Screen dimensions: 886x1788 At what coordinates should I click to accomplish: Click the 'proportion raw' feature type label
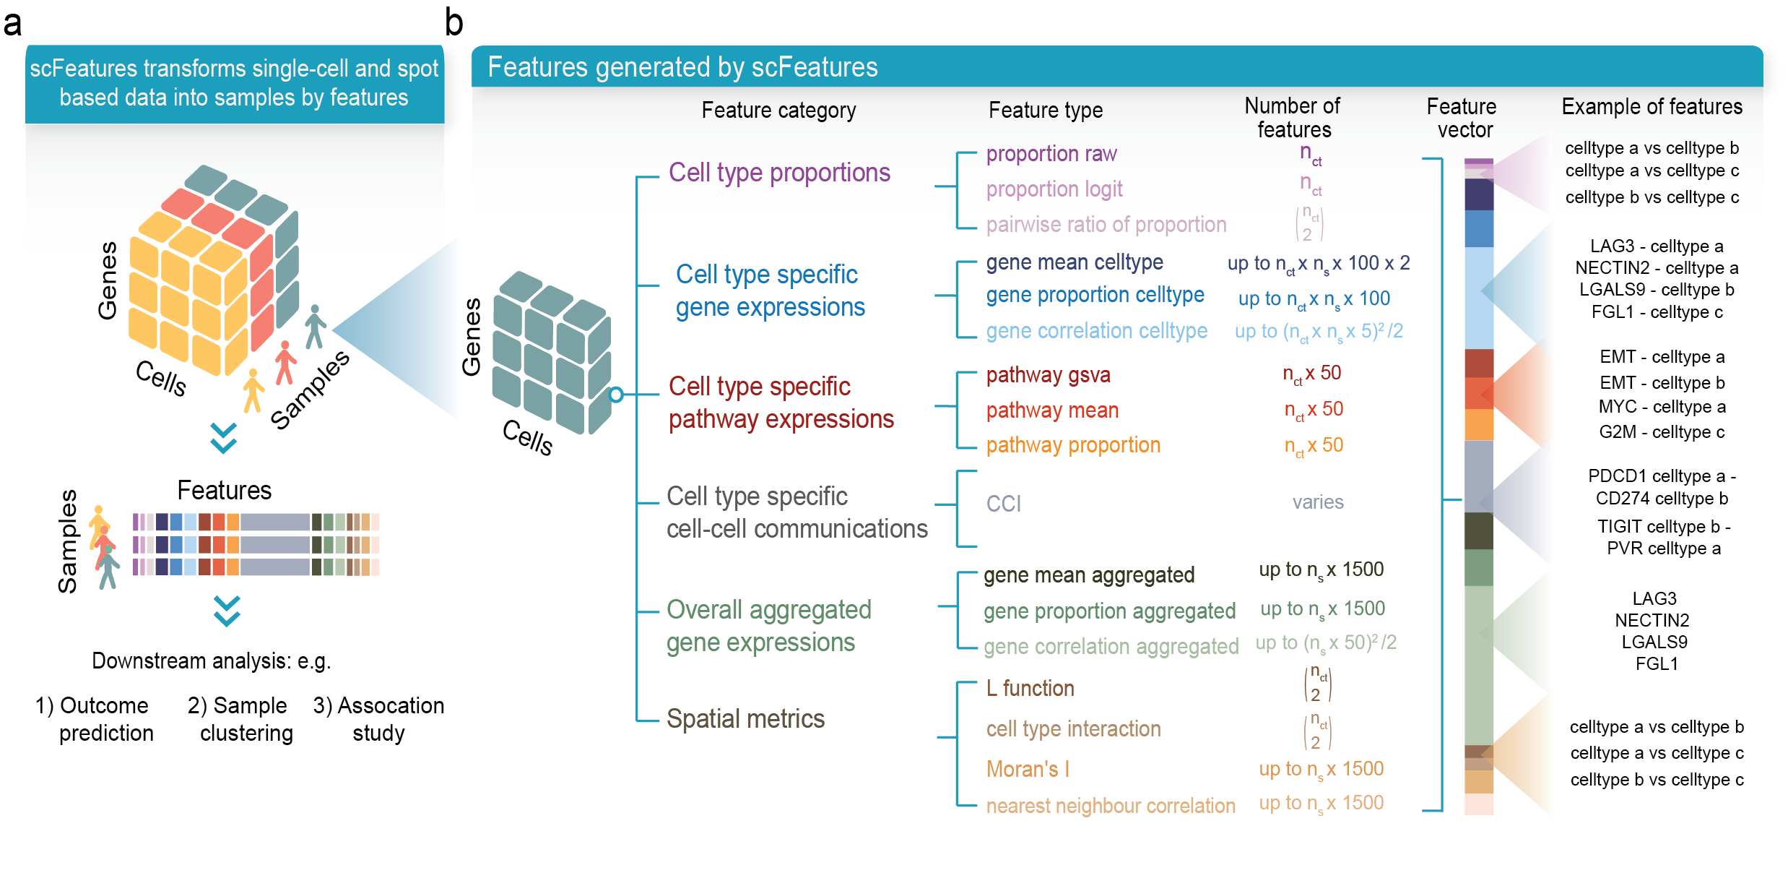(x=1051, y=154)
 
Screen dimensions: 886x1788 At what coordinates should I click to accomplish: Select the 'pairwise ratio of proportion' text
(x=1106, y=225)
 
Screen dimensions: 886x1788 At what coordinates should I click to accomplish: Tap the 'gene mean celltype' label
(x=1074, y=262)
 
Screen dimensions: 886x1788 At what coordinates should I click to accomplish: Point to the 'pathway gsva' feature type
(x=1048, y=375)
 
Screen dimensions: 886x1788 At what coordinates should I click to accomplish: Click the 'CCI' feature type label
(x=1003, y=504)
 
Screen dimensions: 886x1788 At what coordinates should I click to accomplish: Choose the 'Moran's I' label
(x=1027, y=770)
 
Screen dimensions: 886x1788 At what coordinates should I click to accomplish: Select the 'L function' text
(x=1030, y=689)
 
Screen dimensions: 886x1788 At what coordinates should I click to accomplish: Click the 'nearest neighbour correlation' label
(x=1110, y=806)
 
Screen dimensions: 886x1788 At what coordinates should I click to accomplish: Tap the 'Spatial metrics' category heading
(x=745, y=719)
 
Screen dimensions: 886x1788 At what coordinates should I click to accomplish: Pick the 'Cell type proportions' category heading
(x=778, y=173)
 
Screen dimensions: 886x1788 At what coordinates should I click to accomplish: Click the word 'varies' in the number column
(x=1317, y=502)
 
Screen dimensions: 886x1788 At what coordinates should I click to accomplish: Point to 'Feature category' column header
(x=778, y=111)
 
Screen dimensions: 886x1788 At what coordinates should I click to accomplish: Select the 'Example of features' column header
(x=1651, y=107)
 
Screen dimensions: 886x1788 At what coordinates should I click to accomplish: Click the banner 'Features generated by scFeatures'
(x=682, y=67)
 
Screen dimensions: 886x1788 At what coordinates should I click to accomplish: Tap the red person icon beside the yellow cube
(x=285, y=362)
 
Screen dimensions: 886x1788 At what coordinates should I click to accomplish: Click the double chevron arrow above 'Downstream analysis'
(x=227, y=611)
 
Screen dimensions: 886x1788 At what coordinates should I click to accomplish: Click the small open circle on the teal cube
(x=616, y=395)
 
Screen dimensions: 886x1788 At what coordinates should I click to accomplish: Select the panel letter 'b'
(x=453, y=22)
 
